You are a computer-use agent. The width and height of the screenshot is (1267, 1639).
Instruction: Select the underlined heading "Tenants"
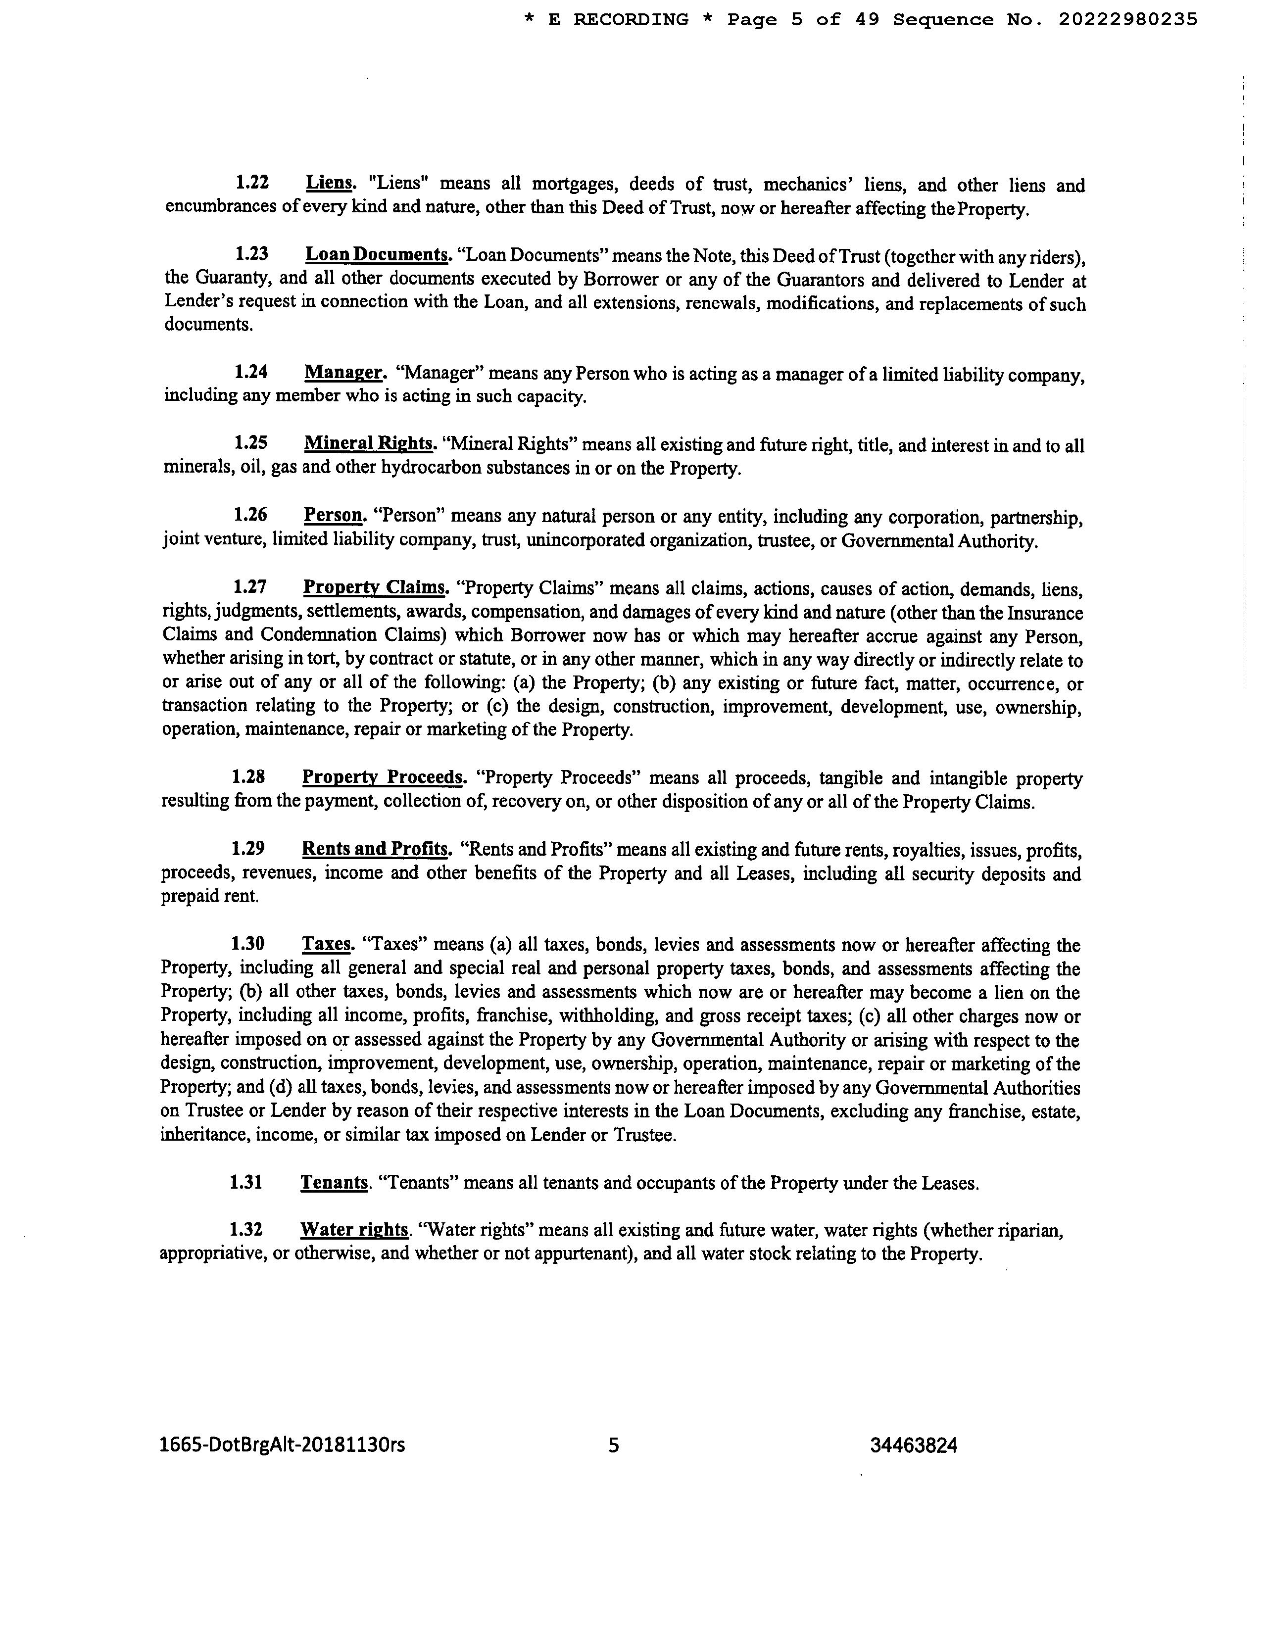pos(334,1183)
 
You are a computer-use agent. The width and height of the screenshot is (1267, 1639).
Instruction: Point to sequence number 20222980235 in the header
pos(1127,19)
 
